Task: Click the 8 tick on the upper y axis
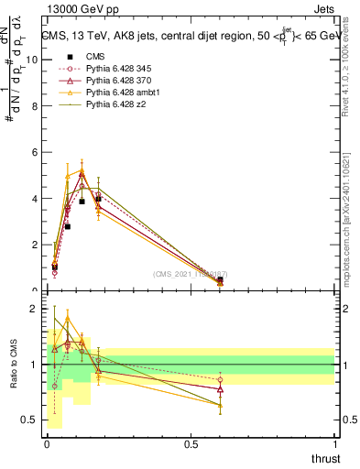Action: click(37, 105)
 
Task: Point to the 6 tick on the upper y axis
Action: click(37, 152)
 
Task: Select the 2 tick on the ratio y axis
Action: click(37, 310)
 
